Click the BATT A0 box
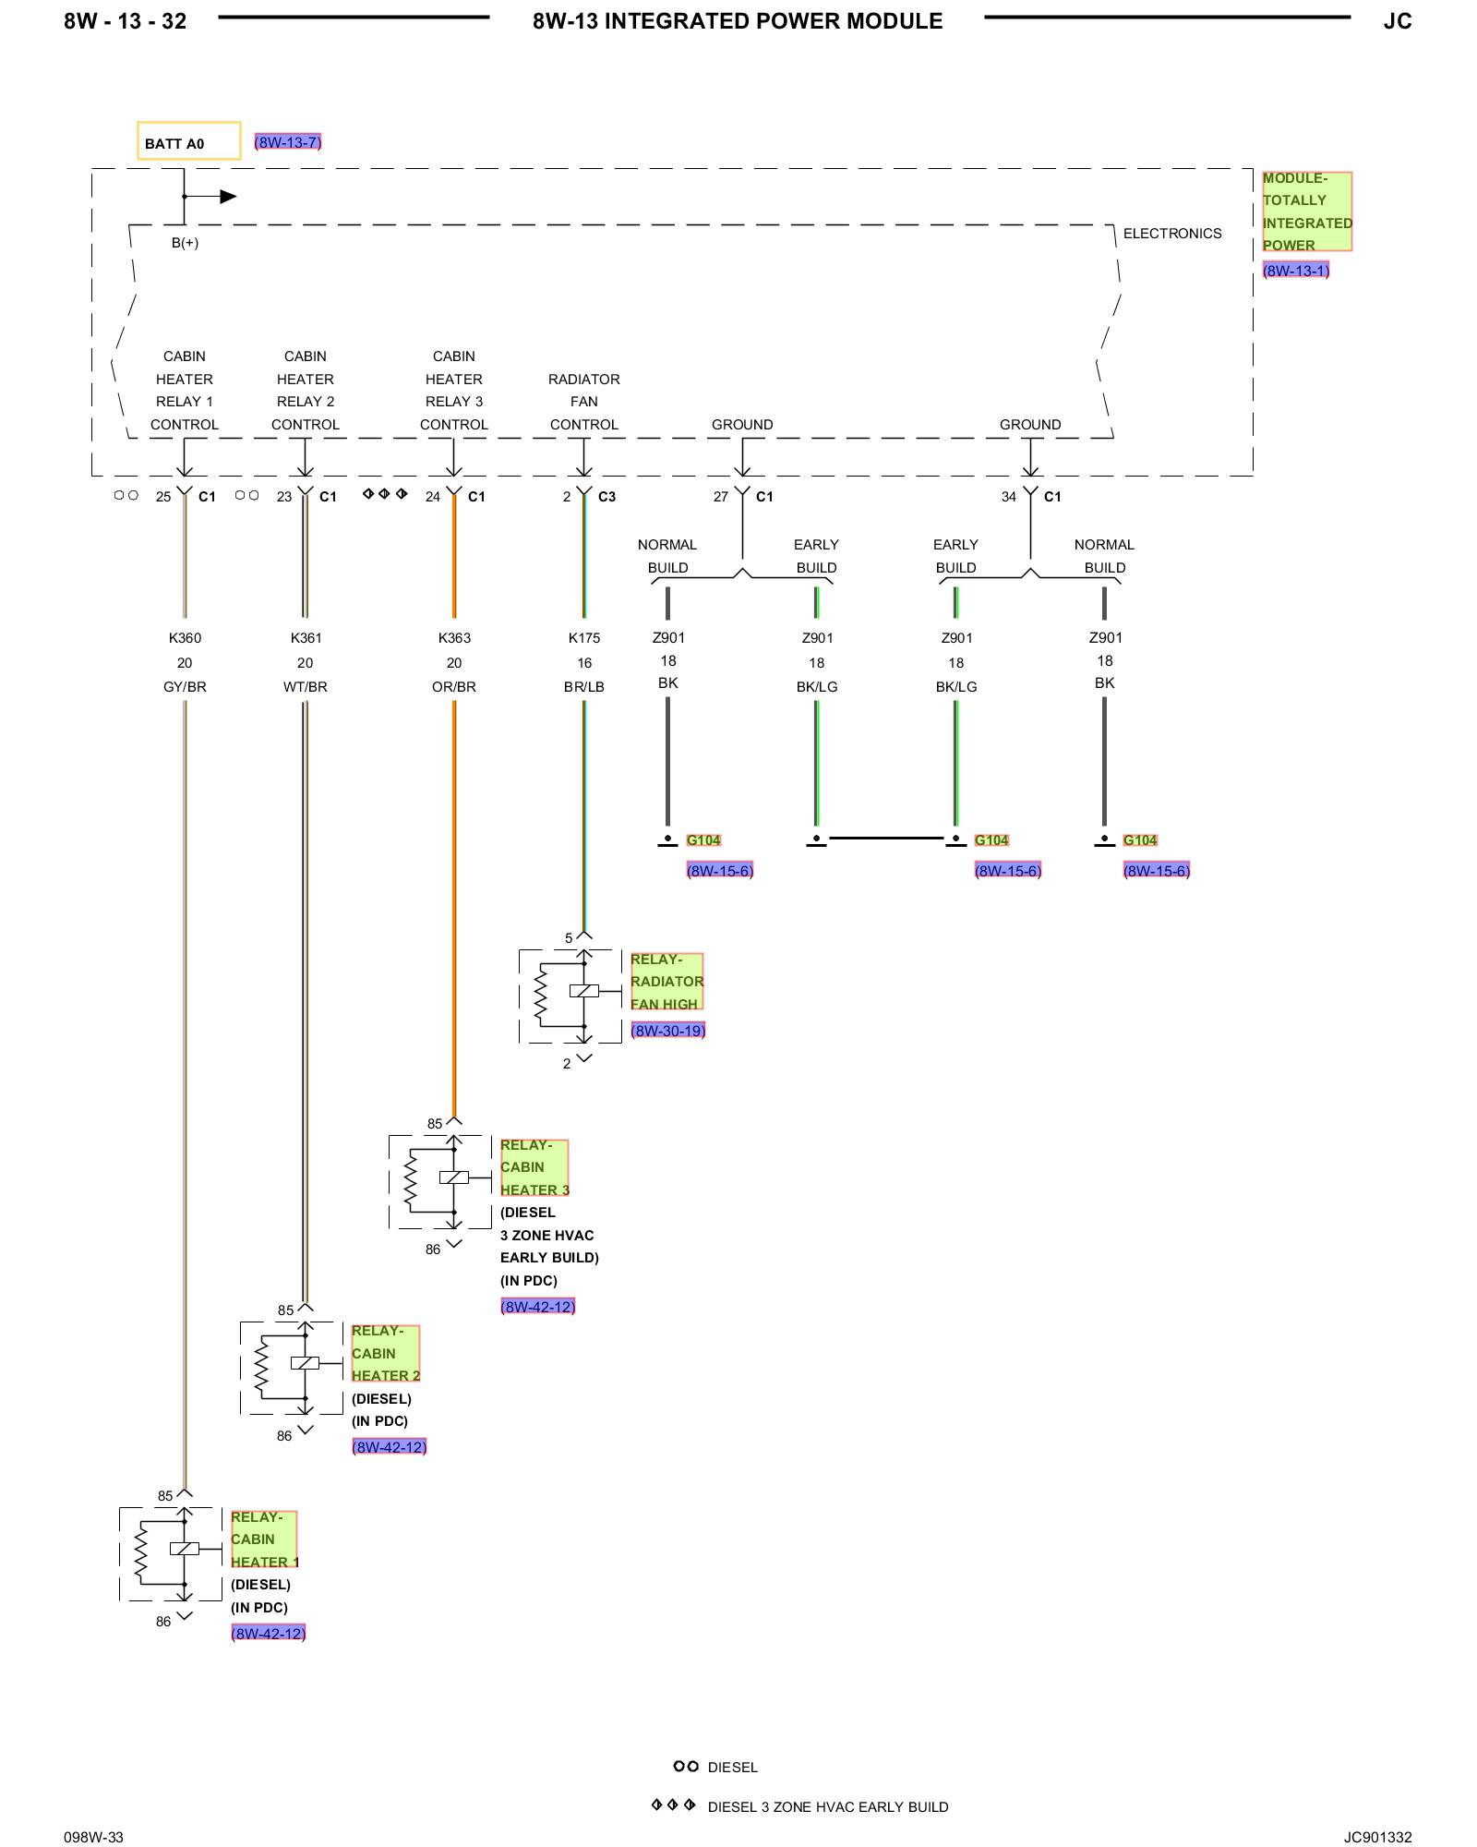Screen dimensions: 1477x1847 coord(188,141)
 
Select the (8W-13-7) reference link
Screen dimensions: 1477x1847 coord(288,142)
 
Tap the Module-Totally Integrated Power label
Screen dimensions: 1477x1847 coord(1306,211)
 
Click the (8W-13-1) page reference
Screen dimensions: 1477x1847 coord(1296,271)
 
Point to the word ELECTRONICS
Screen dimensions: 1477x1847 coord(1172,234)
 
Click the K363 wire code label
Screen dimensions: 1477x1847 coord(454,638)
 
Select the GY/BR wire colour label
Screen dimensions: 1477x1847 coord(185,687)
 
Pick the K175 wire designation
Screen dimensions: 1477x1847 coord(584,638)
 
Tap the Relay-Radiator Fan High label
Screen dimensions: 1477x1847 coord(666,982)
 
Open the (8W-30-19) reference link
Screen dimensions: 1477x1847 coord(668,1031)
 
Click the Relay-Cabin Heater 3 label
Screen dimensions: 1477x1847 coord(534,1167)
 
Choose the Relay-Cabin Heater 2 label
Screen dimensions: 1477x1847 coord(386,1353)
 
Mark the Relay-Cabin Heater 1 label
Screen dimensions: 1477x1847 coord(264,1539)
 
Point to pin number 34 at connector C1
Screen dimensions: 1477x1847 coord(1009,497)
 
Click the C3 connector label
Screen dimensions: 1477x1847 coord(606,497)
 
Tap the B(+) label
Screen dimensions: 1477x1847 coord(185,243)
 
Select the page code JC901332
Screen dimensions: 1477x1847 coord(1377,1837)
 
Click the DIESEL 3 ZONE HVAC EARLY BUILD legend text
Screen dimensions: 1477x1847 coord(828,1806)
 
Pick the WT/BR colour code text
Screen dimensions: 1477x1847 coord(306,687)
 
